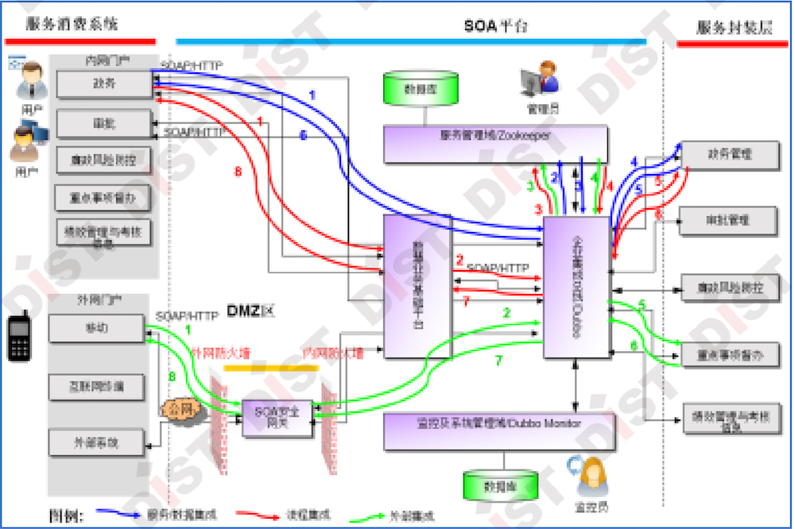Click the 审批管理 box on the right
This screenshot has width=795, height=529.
(x=730, y=219)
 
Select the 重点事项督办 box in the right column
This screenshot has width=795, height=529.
(x=730, y=355)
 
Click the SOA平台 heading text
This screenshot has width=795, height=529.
(x=496, y=26)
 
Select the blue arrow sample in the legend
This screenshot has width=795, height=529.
(x=120, y=515)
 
